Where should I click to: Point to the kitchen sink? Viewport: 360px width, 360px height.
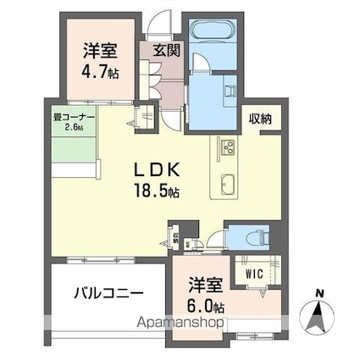tap(229, 182)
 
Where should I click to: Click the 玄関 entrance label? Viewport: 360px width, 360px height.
tap(166, 49)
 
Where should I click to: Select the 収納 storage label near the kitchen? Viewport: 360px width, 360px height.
tap(261, 119)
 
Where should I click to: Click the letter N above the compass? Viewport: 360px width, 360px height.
tap(319, 294)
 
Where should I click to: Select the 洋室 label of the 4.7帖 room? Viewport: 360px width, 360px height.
tap(97, 50)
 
